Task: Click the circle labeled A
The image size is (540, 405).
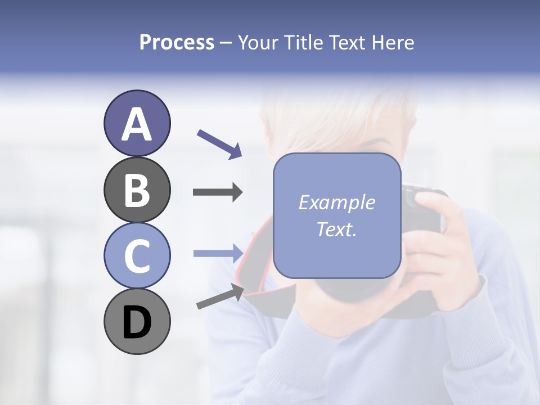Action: click(137, 124)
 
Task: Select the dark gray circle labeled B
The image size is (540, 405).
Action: click(137, 190)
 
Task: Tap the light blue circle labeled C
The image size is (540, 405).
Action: click(137, 256)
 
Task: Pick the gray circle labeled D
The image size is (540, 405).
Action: click(137, 322)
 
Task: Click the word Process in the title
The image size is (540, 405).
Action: click(177, 43)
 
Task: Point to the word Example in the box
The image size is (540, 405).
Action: click(336, 202)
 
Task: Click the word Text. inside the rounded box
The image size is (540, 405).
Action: click(336, 229)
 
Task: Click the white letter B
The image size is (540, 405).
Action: click(137, 190)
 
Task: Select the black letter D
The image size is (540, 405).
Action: click(137, 322)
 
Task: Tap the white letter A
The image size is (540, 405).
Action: click(137, 124)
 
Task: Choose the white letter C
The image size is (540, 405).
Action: click(137, 256)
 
